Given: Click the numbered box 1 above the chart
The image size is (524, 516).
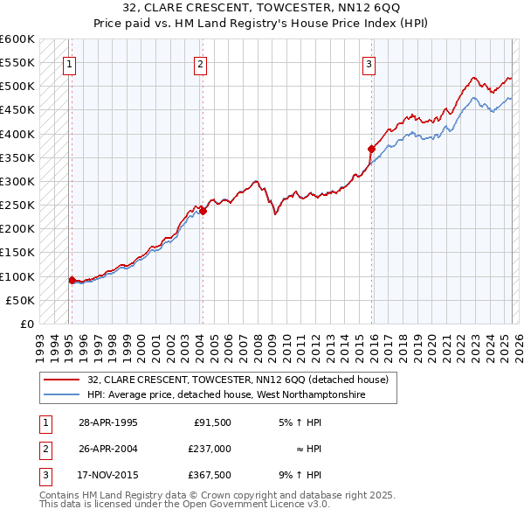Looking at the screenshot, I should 68,63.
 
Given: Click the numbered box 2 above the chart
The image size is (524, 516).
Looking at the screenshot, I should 200,63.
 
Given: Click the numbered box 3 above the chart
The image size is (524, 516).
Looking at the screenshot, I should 369,63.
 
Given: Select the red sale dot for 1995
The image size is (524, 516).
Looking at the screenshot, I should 72,280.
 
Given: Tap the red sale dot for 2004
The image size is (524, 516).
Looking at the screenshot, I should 203,211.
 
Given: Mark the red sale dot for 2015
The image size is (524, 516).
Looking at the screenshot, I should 371,149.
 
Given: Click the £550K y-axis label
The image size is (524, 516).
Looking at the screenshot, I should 17,63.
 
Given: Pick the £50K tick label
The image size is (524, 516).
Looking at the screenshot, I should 21,300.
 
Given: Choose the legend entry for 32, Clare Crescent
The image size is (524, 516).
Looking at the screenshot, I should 243,380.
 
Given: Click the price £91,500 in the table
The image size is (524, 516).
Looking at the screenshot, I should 211,422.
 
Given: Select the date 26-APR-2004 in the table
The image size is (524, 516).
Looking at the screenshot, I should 108,449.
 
